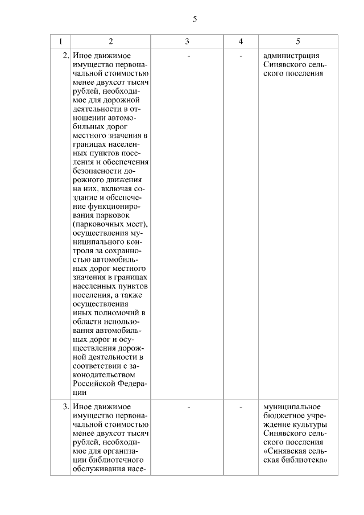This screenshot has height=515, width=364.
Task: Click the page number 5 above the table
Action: point(195,19)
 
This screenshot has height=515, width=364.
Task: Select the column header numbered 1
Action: point(61,41)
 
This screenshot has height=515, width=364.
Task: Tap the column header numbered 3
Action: point(187,41)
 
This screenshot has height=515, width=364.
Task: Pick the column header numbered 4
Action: point(241,41)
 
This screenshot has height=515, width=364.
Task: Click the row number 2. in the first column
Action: point(65,56)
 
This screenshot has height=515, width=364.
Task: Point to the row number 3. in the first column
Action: point(65,407)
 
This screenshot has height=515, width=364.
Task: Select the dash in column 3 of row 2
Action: point(188,56)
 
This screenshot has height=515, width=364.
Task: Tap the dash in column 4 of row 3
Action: point(241,407)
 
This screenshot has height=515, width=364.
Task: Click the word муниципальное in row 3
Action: point(292,407)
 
